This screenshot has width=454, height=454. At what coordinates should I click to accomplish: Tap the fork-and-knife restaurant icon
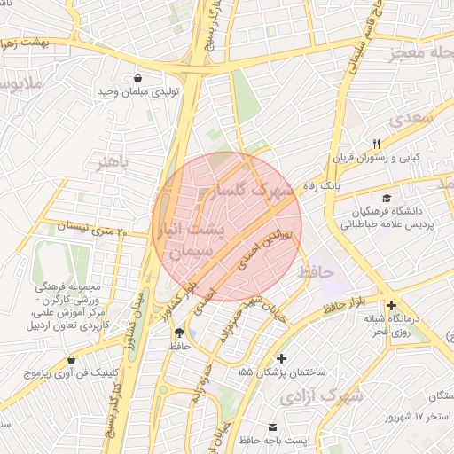tap(376, 144)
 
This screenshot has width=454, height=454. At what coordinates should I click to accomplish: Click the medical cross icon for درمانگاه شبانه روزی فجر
tap(391, 305)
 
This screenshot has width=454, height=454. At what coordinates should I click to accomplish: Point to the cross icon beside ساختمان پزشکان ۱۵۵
tap(282, 358)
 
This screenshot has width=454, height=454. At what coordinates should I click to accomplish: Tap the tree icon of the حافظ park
tap(180, 331)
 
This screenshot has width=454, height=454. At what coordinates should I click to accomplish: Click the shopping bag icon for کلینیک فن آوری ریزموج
tap(72, 360)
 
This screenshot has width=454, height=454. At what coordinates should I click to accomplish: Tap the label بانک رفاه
tap(321, 186)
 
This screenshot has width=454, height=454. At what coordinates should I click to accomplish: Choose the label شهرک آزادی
tap(322, 396)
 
